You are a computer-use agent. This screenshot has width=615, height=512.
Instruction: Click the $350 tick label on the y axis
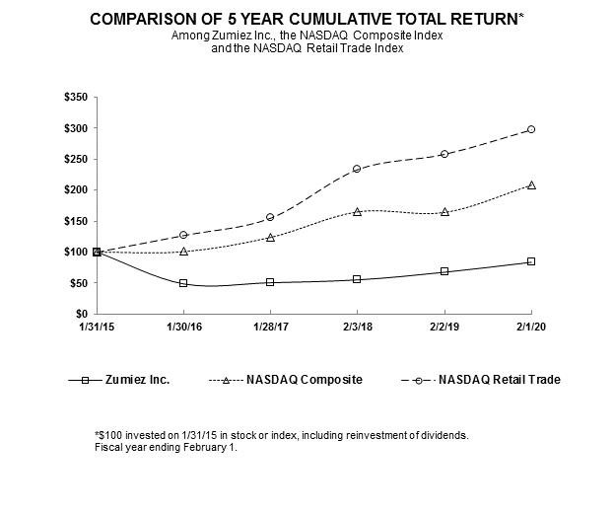pyautogui.click(x=74, y=98)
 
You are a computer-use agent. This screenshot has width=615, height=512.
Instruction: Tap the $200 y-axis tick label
pyautogui.click(x=74, y=190)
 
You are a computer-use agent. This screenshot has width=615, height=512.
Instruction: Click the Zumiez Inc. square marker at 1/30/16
pyautogui.click(x=183, y=283)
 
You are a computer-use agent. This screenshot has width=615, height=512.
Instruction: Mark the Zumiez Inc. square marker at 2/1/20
pyautogui.click(x=531, y=261)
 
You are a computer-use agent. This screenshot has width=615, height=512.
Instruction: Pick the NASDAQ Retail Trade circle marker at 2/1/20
pyautogui.click(x=531, y=129)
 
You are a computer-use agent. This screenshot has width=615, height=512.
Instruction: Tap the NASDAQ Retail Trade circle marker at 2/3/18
pyautogui.click(x=358, y=169)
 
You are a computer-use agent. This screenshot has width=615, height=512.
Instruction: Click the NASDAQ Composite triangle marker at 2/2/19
pyautogui.click(x=444, y=211)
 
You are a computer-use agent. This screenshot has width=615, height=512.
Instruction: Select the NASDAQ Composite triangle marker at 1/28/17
pyautogui.click(x=270, y=237)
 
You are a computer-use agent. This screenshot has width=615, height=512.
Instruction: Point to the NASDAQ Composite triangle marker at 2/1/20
pyautogui.click(x=531, y=184)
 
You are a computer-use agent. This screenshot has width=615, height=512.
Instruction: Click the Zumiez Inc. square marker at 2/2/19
pyautogui.click(x=444, y=271)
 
